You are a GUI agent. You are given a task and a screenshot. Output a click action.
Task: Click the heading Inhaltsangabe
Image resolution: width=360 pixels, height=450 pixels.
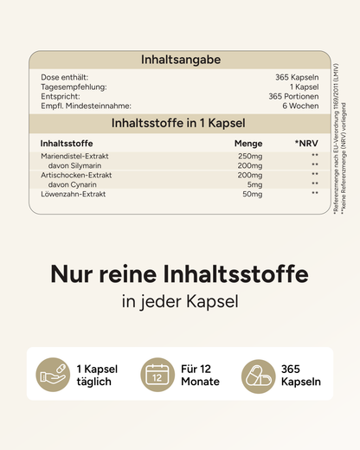(180, 60)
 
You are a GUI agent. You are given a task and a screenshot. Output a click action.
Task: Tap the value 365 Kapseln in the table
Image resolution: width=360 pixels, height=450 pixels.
(297, 77)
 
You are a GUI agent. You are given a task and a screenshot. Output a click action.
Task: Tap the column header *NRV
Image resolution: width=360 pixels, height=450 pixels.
(306, 143)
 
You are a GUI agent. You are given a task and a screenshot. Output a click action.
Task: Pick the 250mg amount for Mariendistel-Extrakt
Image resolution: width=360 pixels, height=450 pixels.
(250, 156)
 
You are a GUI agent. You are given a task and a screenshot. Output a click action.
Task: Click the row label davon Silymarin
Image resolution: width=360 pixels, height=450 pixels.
(83, 165)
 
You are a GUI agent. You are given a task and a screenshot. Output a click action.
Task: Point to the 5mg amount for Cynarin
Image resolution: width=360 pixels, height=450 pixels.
(254, 184)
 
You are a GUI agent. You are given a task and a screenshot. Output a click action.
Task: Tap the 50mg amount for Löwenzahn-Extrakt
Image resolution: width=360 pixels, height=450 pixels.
(252, 194)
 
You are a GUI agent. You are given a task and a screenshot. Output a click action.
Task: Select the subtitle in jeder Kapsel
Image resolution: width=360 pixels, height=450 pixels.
(180, 303)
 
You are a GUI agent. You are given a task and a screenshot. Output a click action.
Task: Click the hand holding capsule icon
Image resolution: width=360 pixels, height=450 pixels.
(53, 376)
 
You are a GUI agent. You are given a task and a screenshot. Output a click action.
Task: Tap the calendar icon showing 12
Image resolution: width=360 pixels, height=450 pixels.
(157, 376)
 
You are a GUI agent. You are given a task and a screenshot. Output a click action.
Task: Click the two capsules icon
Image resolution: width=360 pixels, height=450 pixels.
(258, 376)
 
